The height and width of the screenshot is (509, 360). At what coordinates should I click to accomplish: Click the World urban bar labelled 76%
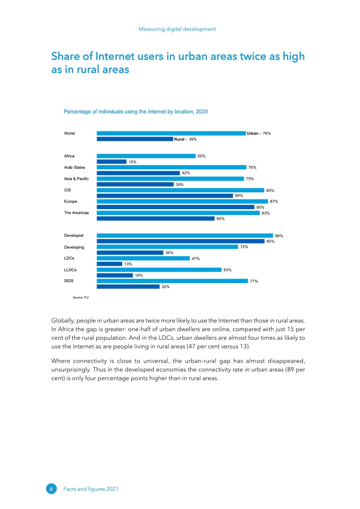tap(171, 133)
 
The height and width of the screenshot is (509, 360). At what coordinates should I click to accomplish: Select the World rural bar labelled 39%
tap(135, 139)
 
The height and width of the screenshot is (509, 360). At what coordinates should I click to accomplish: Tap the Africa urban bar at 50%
tap(146, 156)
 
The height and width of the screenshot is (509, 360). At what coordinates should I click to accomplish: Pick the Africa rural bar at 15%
tap(112, 162)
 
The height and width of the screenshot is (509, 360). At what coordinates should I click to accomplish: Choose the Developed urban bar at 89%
tap(185, 235)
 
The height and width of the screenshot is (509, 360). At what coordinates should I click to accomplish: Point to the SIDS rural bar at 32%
tap(128, 287)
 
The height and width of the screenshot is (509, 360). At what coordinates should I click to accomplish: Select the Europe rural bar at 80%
tap(176, 207)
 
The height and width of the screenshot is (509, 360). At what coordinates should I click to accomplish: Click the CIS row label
tap(67, 190)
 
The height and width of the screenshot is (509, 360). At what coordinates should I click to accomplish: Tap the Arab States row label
tap(74, 167)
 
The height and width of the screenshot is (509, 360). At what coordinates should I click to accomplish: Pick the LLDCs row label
tap(70, 270)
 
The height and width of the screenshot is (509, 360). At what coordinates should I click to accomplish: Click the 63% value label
tap(227, 270)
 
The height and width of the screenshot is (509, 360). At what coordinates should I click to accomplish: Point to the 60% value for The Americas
tap(221, 219)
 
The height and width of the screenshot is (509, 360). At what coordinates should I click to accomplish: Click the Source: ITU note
tap(80, 297)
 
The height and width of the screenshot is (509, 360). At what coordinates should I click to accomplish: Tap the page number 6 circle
tap(51, 489)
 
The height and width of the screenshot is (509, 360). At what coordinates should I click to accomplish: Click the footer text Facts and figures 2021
tap(91, 489)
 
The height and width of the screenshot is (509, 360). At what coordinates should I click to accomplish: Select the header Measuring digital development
tap(177, 29)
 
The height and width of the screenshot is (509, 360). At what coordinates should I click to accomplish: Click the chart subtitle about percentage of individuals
tap(136, 112)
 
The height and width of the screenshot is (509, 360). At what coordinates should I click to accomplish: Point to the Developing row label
tap(74, 247)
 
